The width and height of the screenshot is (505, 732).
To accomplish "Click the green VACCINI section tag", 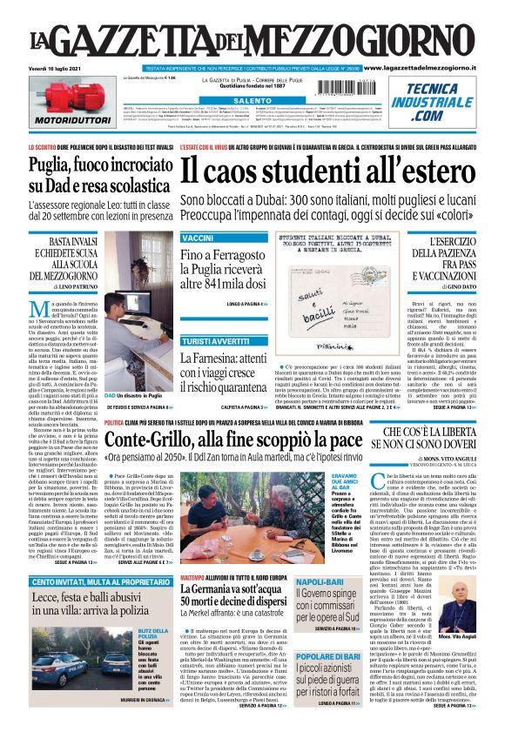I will click(x=197, y=238).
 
